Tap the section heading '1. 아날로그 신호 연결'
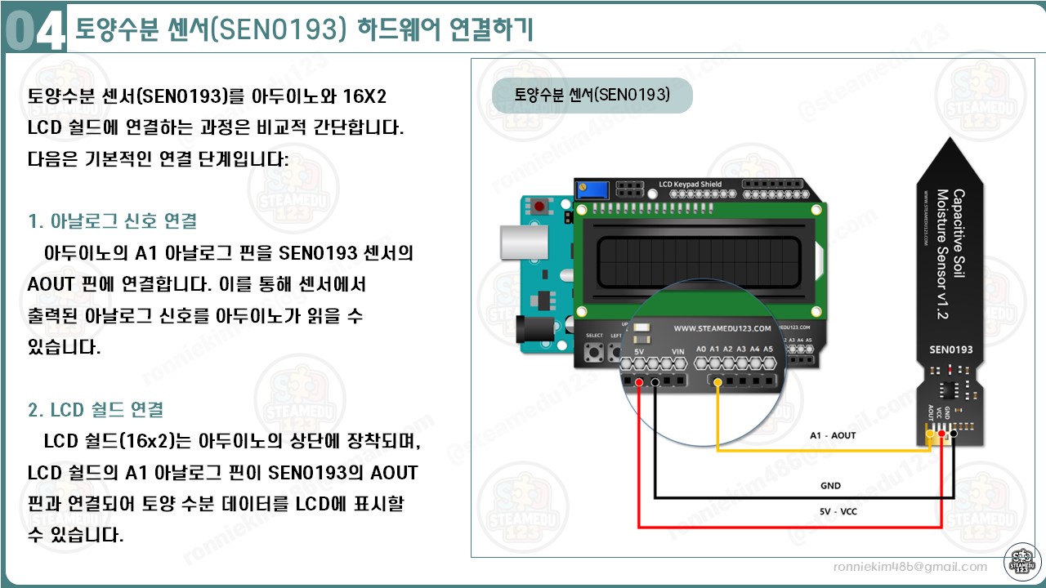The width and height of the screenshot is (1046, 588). (112, 221)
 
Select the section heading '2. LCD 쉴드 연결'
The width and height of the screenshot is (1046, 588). (96, 409)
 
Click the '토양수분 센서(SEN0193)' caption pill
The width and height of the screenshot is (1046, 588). (592, 95)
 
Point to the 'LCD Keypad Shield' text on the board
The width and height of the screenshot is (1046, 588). (690, 185)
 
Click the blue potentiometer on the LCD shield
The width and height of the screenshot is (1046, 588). (593, 189)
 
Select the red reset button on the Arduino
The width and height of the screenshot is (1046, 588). (539, 207)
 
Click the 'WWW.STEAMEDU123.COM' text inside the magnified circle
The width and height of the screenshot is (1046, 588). (722, 328)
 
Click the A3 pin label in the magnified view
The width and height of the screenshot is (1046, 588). (741, 349)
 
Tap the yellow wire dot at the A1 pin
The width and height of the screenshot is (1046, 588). (717, 382)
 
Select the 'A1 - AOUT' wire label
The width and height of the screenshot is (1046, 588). (833, 435)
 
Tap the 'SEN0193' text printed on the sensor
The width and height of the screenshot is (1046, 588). (950, 350)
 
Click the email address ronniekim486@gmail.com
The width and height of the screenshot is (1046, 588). (910, 567)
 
